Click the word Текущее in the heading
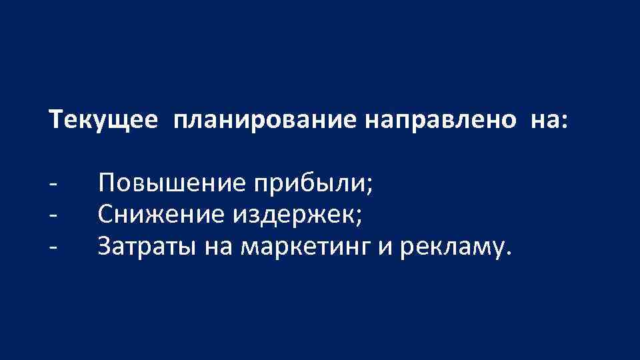tap(103, 121)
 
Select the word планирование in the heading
tap(267, 121)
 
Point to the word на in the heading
tap(545, 121)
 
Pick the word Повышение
tap(173, 183)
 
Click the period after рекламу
tap(511, 254)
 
